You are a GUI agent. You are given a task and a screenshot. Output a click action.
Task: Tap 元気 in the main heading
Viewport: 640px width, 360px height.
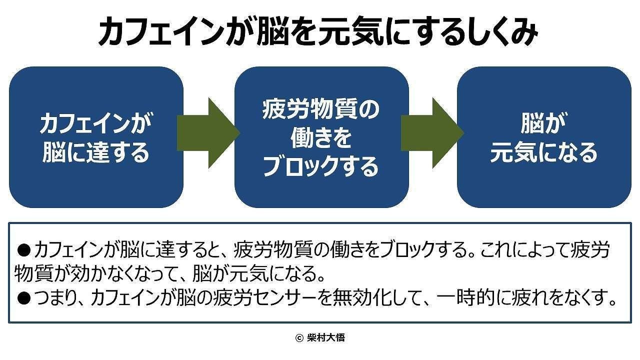pyautogui.click(x=351, y=32)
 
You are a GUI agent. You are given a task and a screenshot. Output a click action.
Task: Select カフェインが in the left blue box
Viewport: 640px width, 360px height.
pyautogui.click(x=96, y=123)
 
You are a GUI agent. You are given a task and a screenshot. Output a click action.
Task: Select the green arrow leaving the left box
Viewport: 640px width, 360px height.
pyautogui.click(x=208, y=133)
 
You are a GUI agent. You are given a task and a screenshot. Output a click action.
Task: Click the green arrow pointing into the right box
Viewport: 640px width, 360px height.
pyautogui.click(x=432, y=133)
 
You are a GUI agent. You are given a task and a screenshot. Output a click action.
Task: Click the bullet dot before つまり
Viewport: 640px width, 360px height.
pyautogui.click(x=24, y=298)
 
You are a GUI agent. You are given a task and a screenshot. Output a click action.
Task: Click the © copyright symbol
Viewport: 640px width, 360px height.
pyautogui.click(x=299, y=338)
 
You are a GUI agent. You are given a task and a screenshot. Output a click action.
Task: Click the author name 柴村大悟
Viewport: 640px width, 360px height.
pyautogui.click(x=325, y=338)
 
